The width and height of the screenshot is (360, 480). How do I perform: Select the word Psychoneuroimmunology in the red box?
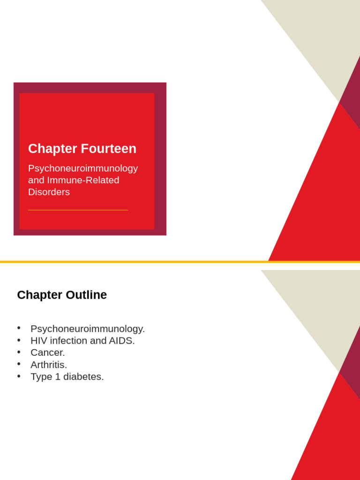[83, 168]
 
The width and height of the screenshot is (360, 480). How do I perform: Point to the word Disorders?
[49, 192]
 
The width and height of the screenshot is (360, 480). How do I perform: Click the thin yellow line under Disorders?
[78, 210]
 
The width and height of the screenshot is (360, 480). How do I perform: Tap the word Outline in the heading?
[86, 295]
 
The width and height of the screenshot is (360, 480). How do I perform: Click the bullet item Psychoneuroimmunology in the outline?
[88, 329]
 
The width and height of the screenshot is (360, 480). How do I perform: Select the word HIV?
[39, 341]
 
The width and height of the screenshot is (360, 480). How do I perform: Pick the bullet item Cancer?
[48, 352]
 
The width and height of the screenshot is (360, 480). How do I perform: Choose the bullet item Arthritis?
[49, 365]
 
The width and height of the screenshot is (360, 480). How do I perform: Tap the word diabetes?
[85, 376]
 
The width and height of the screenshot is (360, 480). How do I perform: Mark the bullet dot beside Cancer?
[19, 352]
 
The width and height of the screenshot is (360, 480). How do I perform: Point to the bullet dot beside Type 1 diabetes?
[19, 375]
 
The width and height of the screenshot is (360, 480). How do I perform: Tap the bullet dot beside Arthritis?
[19, 363]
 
